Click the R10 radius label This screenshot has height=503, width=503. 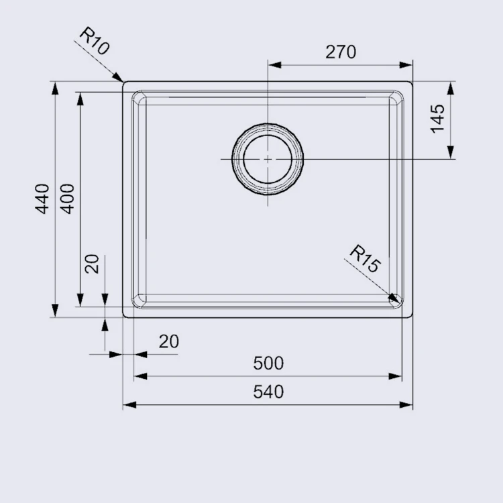point(95,41)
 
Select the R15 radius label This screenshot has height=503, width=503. point(366,259)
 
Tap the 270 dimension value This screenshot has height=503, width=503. point(341,52)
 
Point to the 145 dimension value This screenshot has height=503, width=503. point(437,118)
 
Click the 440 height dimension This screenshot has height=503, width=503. point(42,199)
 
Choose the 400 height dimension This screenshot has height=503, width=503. point(67,199)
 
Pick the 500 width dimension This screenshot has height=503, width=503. point(268,364)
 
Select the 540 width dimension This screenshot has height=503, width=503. point(268,392)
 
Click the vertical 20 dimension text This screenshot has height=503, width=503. point(92,264)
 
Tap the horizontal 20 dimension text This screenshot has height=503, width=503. point(169,341)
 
